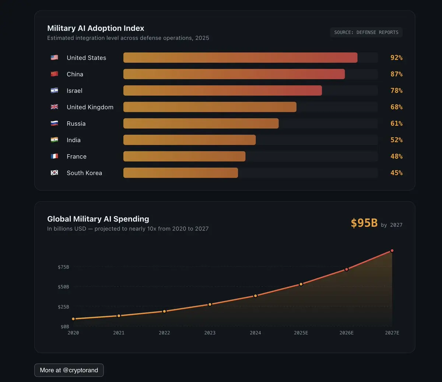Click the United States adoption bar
click(x=240, y=58)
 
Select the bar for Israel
click(x=222, y=90)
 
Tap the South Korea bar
click(x=180, y=173)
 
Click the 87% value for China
click(x=396, y=74)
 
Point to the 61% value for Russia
click(x=396, y=124)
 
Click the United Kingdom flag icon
click(x=55, y=107)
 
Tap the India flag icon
click(x=55, y=140)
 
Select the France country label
click(x=77, y=157)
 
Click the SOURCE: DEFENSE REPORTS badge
click(x=366, y=32)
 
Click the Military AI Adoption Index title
click(x=96, y=28)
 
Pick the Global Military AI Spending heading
click(x=98, y=219)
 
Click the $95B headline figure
click(x=364, y=223)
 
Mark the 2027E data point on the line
click(x=392, y=251)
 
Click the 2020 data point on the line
click(x=73, y=319)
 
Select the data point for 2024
click(x=255, y=296)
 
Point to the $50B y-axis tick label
click(x=63, y=287)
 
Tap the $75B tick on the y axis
click(x=63, y=267)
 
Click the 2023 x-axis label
click(x=210, y=333)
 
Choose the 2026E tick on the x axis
click(x=346, y=333)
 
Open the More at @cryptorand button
click(x=69, y=370)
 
